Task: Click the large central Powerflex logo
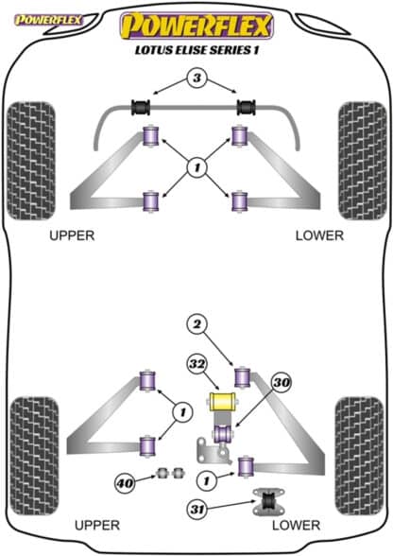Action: (196, 26)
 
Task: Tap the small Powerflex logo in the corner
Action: (48, 20)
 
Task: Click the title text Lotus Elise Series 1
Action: (196, 50)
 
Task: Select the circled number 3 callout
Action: (196, 78)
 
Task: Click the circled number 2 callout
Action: (197, 324)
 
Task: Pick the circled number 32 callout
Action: (197, 364)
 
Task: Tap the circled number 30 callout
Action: (282, 382)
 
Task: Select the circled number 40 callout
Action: (125, 483)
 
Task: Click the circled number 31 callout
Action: (197, 510)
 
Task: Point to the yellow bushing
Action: (222, 401)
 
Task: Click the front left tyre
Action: (31, 161)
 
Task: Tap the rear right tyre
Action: (360, 456)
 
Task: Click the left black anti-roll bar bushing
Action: (141, 108)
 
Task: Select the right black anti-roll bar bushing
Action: (247, 108)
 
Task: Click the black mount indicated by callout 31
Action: (268, 502)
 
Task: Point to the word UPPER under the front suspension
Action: (72, 235)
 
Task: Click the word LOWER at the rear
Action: (296, 525)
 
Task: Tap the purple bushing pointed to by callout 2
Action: (243, 378)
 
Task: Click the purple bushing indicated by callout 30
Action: (222, 433)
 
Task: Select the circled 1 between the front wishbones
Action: (197, 167)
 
